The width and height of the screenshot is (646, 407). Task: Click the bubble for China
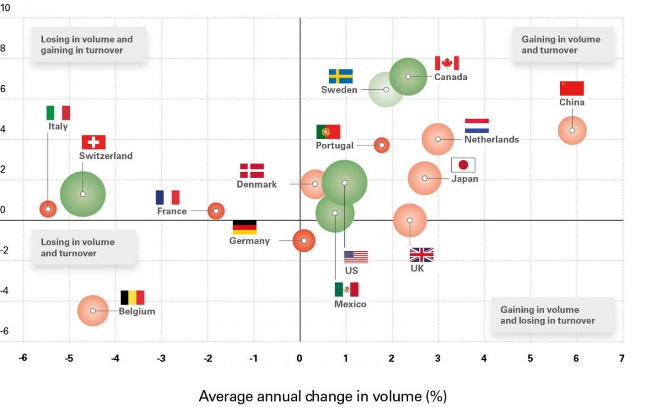tap(572, 131)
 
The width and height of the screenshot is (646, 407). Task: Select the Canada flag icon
tap(447, 64)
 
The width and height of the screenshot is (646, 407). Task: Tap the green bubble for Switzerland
tap(83, 194)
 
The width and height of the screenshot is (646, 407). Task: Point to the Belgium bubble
tap(93, 311)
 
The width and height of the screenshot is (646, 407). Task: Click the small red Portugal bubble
tap(382, 145)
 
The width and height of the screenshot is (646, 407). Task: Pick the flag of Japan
tap(463, 165)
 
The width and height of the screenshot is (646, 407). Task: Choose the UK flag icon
tap(421, 255)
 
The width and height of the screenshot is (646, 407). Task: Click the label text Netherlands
tap(492, 140)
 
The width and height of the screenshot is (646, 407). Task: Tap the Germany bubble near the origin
tap(304, 241)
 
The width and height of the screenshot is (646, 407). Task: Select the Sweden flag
tap(341, 76)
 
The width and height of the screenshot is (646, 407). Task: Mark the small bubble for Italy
tap(48, 209)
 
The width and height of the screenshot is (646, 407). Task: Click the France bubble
tap(216, 211)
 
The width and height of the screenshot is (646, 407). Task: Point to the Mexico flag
tap(347, 289)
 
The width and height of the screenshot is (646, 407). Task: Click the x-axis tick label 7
tap(622, 359)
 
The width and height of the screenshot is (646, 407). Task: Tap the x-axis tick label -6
tap(23, 359)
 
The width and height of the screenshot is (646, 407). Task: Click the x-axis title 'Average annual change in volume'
tap(323, 396)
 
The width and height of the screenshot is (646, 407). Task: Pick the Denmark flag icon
tap(252, 171)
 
